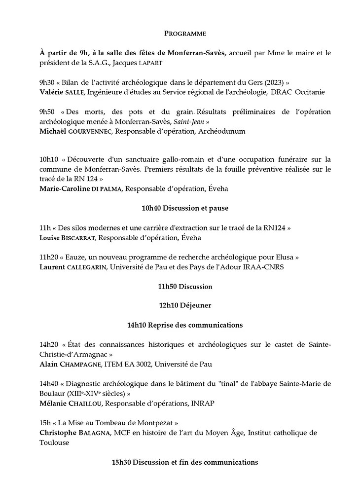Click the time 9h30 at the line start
pos(48,83)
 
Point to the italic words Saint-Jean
pos(189,121)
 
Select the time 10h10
pos(50,159)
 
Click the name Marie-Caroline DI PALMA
pos(82,188)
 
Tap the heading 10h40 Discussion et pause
pos(184,208)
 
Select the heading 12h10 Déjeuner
pos(184,305)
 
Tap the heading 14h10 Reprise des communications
pos(184,325)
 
